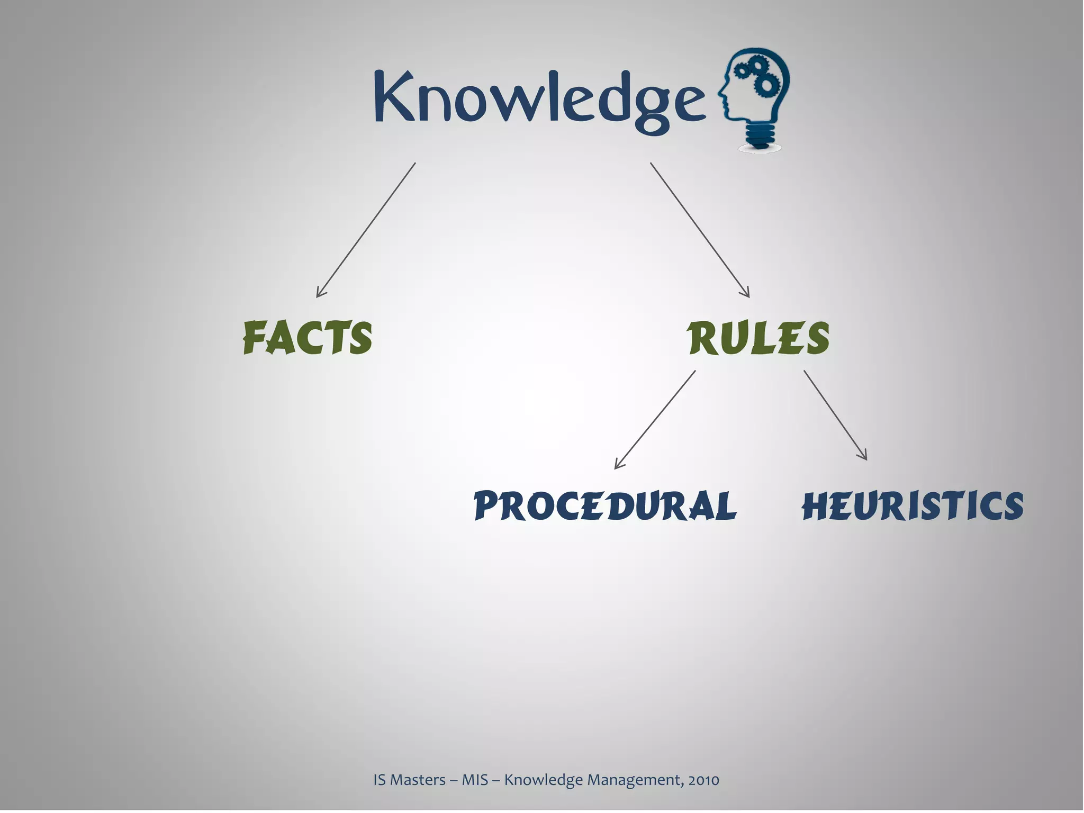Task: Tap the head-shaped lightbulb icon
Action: point(754,98)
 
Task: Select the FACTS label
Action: point(308,338)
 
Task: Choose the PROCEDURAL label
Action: point(605,505)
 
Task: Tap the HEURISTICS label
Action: point(913,505)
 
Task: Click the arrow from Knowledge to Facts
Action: point(366,230)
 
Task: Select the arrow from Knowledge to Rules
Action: point(700,230)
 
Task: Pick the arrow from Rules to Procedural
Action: point(655,419)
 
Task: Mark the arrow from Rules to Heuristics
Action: point(835,415)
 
